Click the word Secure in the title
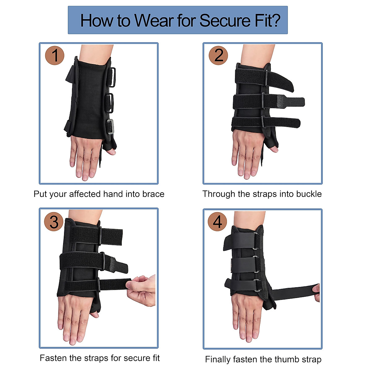225,21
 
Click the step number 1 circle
55,56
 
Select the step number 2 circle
218,56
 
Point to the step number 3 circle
54,222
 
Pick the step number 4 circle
218,222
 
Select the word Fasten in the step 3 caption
53,358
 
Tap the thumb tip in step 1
111,152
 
